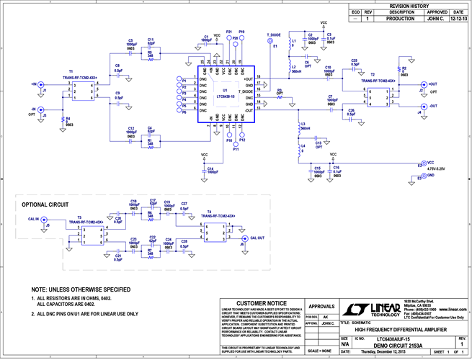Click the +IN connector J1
[40, 84]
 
